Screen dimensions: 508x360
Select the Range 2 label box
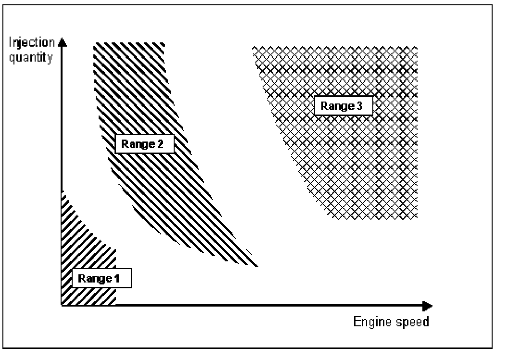(144, 143)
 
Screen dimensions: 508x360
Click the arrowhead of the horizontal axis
(428, 306)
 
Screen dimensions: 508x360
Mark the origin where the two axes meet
(62, 306)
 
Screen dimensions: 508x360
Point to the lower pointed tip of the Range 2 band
(257, 265)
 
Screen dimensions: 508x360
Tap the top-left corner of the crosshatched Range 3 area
(253, 47)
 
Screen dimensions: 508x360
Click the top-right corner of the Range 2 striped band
(165, 44)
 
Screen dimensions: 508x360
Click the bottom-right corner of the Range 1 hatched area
(115, 304)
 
